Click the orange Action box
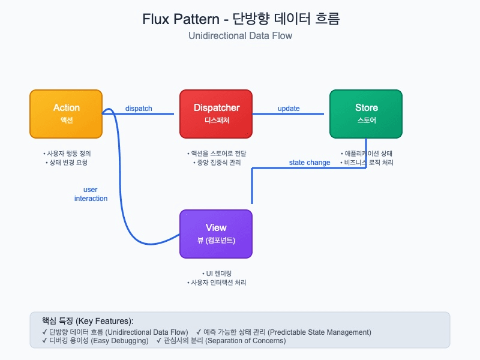66,114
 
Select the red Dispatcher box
216,114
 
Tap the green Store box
366,114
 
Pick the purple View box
216,233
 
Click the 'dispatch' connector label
139,109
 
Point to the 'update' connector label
289,109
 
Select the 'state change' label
310,163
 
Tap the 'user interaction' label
91,194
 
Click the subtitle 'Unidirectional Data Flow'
240,36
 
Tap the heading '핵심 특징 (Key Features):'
88,321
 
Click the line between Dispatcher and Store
291,114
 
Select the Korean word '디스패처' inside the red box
216,121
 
